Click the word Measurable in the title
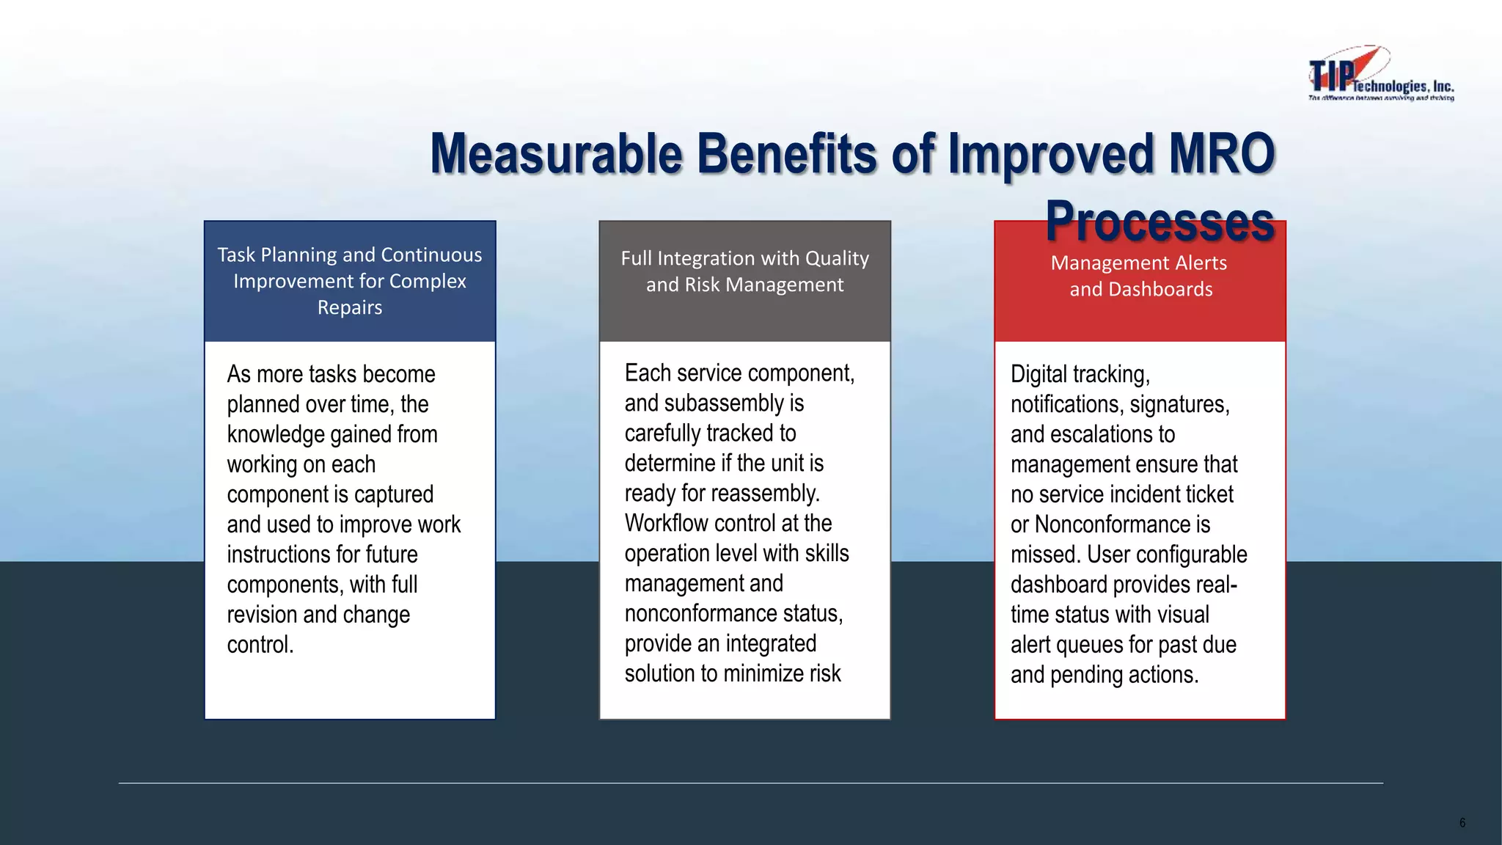(557, 154)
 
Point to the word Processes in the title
(1160, 222)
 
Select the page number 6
(1462, 822)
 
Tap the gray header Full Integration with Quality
(744, 271)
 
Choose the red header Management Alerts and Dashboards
(1140, 276)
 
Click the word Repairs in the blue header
(350, 307)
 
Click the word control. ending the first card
(260, 645)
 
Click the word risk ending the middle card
(825, 674)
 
